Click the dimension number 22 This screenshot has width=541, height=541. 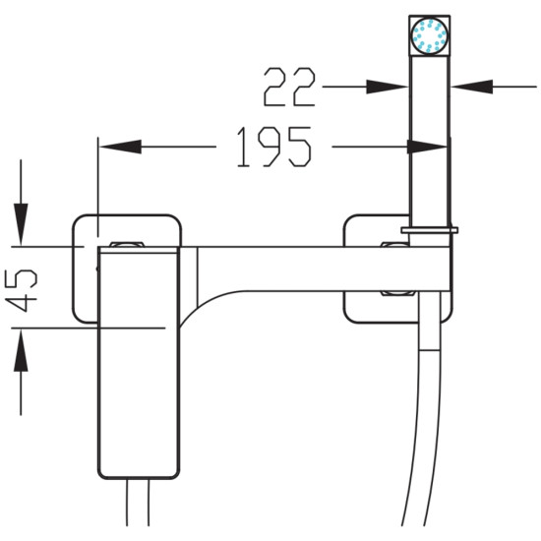tap(289, 87)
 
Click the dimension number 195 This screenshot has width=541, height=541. tap(274, 147)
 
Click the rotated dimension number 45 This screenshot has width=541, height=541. tap(22, 290)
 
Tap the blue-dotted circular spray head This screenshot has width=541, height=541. tap(429, 35)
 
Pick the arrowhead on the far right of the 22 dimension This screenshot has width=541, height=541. tap(472, 87)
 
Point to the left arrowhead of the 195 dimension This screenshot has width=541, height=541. tap(121, 147)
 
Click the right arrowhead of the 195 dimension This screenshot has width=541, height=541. tap(428, 147)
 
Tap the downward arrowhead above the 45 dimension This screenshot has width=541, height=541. tap(21, 224)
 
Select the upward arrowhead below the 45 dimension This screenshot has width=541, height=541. tap(21, 350)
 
